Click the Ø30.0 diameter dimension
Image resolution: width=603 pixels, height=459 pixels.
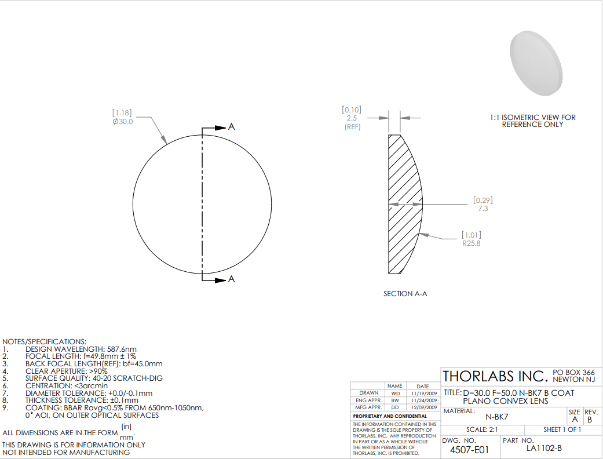pyautogui.click(x=123, y=122)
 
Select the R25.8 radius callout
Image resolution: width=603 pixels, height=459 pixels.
pyautogui.click(x=472, y=243)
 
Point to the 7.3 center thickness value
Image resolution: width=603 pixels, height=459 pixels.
pyautogui.click(x=483, y=209)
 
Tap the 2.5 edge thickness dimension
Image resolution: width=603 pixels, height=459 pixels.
pyautogui.click(x=352, y=118)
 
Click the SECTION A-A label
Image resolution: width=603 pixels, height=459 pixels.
pyautogui.click(x=405, y=294)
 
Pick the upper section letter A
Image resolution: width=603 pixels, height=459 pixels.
pyautogui.click(x=232, y=126)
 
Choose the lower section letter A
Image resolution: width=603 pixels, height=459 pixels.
pyautogui.click(x=232, y=279)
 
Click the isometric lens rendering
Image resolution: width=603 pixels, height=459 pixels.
pyautogui.click(x=536, y=64)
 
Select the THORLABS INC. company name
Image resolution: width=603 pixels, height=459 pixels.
pyautogui.click(x=495, y=376)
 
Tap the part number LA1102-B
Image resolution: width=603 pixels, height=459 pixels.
pyautogui.click(x=544, y=448)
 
